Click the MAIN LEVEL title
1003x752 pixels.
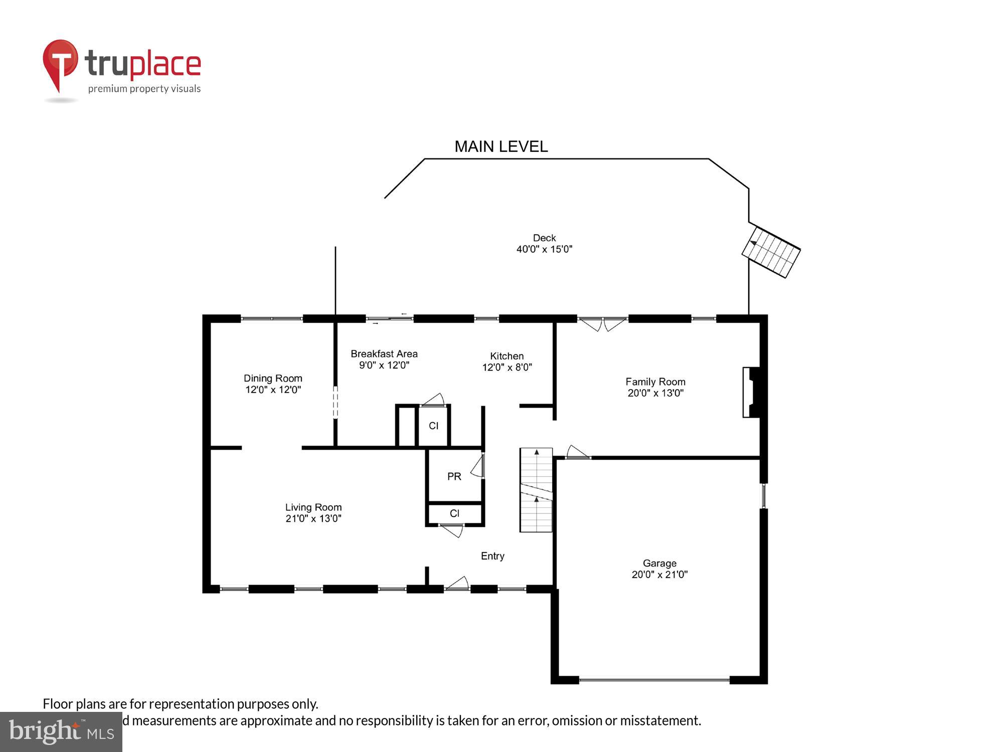click(x=501, y=146)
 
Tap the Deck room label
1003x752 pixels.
click(x=544, y=238)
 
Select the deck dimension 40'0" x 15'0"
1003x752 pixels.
click(x=544, y=249)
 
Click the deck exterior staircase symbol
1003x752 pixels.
click(x=771, y=252)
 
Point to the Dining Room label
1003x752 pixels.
click(x=273, y=378)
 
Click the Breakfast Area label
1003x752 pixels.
click(x=384, y=353)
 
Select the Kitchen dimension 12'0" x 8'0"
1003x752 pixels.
click(x=507, y=367)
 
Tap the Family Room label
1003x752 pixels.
click(x=655, y=382)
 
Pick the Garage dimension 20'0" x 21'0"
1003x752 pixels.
click(x=659, y=575)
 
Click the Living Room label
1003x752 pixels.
click(x=313, y=507)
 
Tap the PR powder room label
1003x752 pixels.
click(x=454, y=476)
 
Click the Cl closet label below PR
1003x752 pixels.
click(x=454, y=513)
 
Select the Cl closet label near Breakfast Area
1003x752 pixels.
click(x=433, y=426)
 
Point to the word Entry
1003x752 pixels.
click(x=492, y=555)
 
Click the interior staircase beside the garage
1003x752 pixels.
click(x=536, y=490)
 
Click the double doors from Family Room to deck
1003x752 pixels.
click(x=602, y=324)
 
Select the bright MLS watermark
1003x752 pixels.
click(x=61, y=732)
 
